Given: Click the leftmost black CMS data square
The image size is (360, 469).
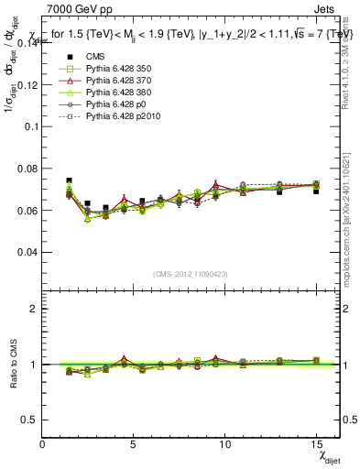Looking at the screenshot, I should tap(69, 181).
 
